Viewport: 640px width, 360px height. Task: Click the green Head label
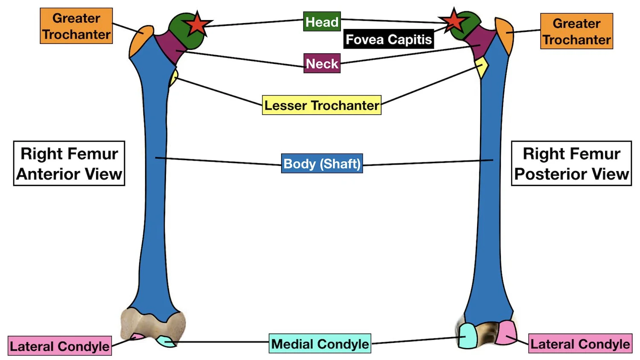tap(322, 21)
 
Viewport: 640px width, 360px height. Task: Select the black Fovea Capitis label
tap(388, 39)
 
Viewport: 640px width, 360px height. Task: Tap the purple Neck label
tap(322, 64)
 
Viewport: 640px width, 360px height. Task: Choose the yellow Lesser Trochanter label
tap(321, 105)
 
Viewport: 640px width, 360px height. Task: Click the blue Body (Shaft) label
tap(322, 163)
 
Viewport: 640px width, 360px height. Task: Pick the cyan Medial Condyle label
tap(320, 344)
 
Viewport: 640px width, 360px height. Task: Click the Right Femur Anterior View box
tap(69, 163)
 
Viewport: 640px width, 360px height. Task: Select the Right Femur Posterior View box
tap(571, 163)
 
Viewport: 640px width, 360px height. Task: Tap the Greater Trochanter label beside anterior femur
tap(76, 26)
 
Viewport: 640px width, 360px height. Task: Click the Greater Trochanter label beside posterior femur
tap(576, 31)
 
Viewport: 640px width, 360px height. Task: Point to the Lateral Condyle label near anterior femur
tap(60, 346)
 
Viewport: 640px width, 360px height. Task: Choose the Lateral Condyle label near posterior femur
tap(580, 344)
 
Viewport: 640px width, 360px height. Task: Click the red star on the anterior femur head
tap(197, 24)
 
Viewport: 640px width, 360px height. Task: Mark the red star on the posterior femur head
tap(453, 21)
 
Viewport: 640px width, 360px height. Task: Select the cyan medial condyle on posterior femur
tap(468, 335)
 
